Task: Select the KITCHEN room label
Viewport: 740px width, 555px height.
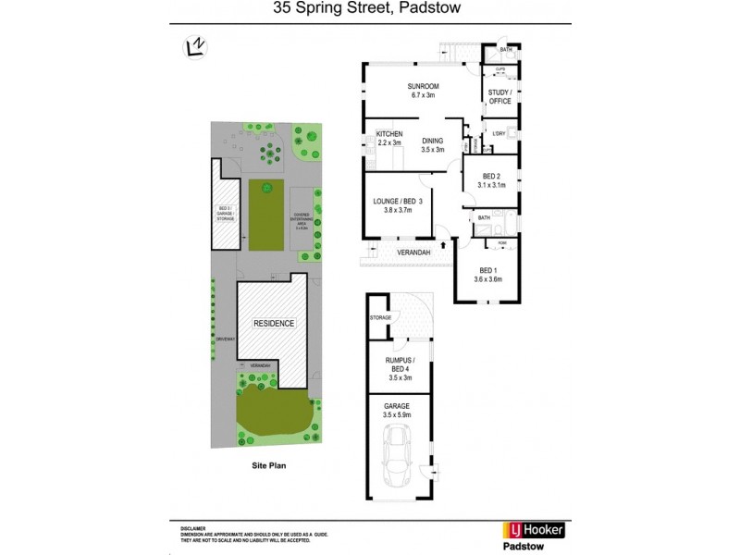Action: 389,133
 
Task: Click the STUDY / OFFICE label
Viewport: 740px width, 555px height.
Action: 499,97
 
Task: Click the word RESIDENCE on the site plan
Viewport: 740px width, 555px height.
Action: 275,324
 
